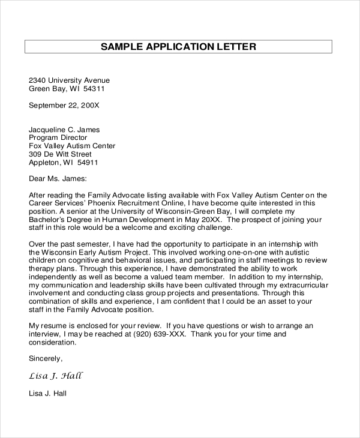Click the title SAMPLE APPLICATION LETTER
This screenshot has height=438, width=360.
pyautogui.click(x=178, y=46)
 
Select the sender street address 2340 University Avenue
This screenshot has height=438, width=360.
pyautogui.click(x=70, y=80)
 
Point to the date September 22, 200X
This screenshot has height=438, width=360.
pyautogui.click(x=64, y=105)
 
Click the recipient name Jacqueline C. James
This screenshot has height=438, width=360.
pyautogui.click(x=65, y=129)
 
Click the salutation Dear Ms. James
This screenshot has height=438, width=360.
pyautogui.click(x=58, y=178)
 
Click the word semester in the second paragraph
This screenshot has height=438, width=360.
pyautogui.click(x=91, y=244)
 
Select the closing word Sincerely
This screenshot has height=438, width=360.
pyautogui.click(x=46, y=359)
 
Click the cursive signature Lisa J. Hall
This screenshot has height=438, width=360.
pyautogui.click(x=56, y=376)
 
